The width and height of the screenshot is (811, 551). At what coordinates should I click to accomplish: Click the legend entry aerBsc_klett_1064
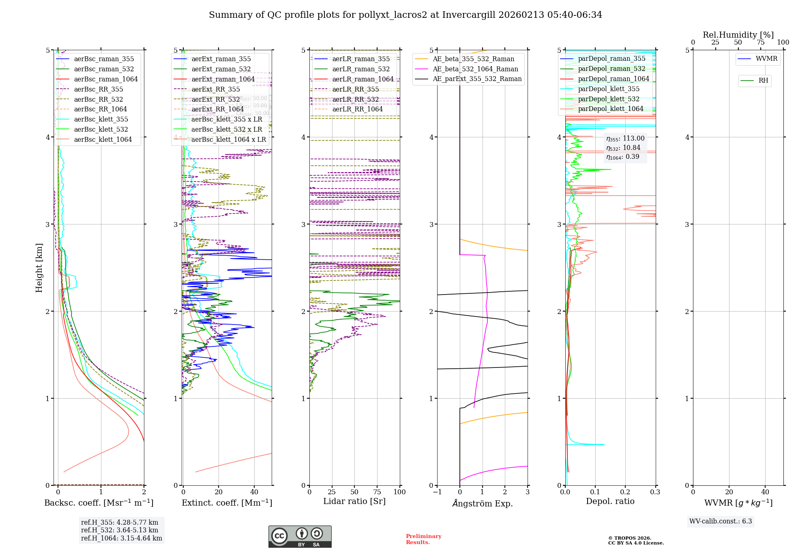pos(103,139)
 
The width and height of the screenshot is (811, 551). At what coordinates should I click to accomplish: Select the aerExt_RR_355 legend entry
pos(215,89)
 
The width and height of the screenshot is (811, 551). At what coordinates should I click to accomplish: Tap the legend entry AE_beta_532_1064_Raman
pos(475,69)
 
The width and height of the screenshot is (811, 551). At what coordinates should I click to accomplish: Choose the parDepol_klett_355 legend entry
pos(609,89)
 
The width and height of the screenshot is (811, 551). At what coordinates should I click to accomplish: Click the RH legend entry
pos(763,81)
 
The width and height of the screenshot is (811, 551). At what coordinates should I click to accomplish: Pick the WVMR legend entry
pos(766,59)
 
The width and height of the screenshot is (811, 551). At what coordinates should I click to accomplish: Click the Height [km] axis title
pos(39,267)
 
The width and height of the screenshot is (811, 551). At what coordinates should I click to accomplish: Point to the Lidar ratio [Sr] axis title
pos(354,501)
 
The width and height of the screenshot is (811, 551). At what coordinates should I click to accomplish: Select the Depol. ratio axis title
pos(610,501)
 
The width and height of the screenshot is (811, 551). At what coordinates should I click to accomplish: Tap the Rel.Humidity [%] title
pos(738,35)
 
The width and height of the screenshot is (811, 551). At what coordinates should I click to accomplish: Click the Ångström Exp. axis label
pos(482,503)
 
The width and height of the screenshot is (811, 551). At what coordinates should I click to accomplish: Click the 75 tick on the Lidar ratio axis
pos(377,492)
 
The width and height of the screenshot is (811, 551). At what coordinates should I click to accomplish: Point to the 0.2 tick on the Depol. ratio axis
pos(625,492)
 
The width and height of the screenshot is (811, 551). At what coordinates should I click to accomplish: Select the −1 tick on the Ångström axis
pos(437,492)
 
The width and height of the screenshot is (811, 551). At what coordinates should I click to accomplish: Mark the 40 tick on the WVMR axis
pos(765,492)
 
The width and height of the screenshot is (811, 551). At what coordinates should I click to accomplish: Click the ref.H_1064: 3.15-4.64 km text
pos(121,538)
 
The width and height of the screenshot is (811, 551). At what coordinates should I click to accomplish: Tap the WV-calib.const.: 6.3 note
pos(721,521)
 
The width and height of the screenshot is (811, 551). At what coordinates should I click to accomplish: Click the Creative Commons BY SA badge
pos(300,536)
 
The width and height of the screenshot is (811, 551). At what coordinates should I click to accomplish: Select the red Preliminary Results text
pos(423,539)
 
